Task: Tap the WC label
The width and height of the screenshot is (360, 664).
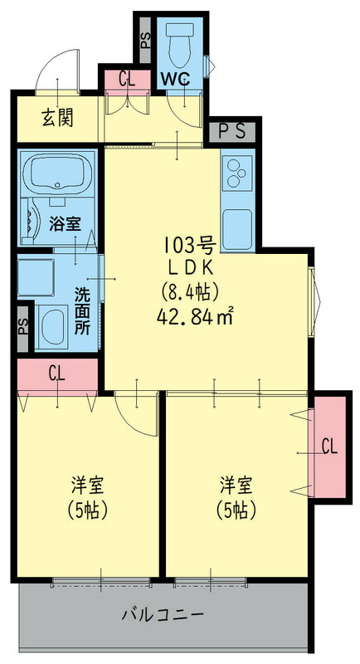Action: click(x=176, y=80)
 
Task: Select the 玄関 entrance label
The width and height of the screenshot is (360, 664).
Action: click(x=57, y=118)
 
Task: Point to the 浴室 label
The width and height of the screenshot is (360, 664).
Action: click(x=64, y=222)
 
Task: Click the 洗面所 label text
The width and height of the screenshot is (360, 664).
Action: click(x=82, y=309)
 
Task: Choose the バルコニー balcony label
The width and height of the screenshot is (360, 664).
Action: click(x=163, y=615)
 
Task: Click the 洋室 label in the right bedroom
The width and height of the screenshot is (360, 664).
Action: click(x=235, y=482)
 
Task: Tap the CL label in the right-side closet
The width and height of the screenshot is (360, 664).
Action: click(x=328, y=447)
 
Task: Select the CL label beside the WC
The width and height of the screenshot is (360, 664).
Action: click(x=127, y=80)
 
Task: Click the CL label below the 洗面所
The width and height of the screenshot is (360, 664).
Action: click(x=56, y=374)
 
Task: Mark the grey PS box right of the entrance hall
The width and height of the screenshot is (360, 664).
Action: click(x=232, y=130)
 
